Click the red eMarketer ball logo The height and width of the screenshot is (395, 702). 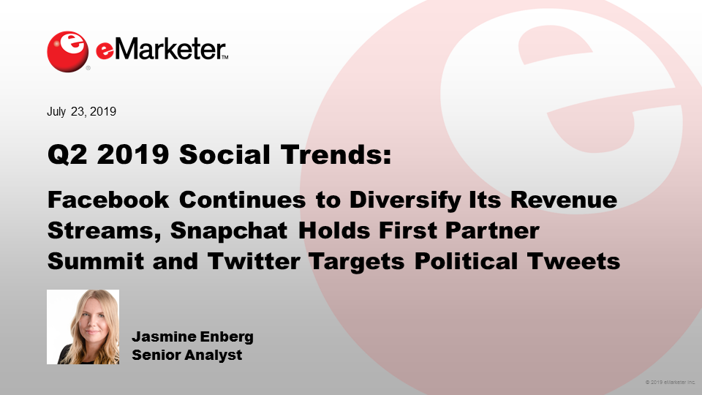pyautogui.click(x=67, y=51)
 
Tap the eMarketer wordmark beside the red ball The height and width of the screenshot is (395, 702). pyautogui.click(x=162, y=49)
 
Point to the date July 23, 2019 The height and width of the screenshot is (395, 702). pyautogui.click(x=81, y=111)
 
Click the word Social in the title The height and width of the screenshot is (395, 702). pyautogui.click(x=224, y=154)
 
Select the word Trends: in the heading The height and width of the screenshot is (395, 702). pyautogui.click(x=336, y=154)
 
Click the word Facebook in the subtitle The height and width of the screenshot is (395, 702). pyautogui.click(x=108, y=200)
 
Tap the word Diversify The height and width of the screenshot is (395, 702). pyautogui.click(x=404, y=200)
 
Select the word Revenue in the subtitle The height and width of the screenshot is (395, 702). pyautogui.click(x=564, y=200)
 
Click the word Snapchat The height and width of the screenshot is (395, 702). pyautogui.click(x=229, y=231)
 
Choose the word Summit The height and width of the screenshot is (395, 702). pyautogui.click(x=95, y=262)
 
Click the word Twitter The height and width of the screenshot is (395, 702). pyautogui.click(x=254, y=262)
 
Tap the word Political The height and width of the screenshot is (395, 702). pyautogui.click(x=466, y=262)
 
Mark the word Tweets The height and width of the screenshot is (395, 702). pyautogui.click(x=573, y=262)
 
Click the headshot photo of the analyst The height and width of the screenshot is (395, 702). pyautogui.click(x=83, y=327)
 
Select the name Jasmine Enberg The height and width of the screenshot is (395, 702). pyautogui.click(x=192, y=336)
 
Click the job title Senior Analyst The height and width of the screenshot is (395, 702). pyautogui.click(x=186, y=355)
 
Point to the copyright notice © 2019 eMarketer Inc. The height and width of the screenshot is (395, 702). pyautogui.click(x=671, y=383)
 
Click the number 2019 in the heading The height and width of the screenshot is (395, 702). pyautogui.click(x=133, y=155)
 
